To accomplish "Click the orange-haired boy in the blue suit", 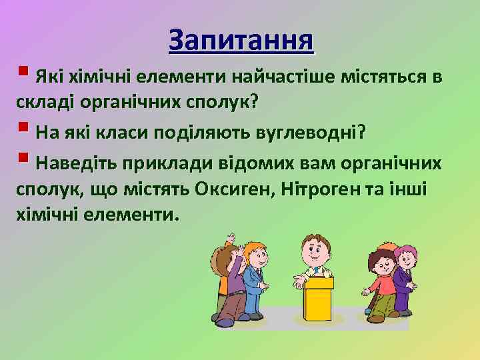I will [253, 280].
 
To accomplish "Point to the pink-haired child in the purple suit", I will [405, 277].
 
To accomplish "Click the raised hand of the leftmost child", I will [231, 239].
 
